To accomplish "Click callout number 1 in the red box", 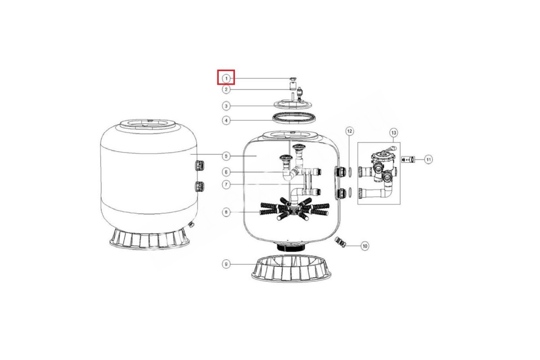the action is pos(226,78).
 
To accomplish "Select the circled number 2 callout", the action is pos(226,90).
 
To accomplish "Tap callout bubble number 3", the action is pos(226,106).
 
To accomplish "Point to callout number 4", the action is pos(226,120).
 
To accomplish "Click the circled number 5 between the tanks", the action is pos(226,156).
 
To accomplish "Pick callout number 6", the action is pos(226,172).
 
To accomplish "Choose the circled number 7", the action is pos(226,185).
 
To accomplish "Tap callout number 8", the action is pos(226,212).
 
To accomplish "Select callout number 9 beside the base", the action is pos(226,264).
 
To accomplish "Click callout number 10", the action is pos(365,246).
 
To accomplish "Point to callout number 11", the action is pos(428,159).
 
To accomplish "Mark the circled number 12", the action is pos(350,131).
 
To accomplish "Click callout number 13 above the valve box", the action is pos(393,133).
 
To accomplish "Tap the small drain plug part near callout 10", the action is pos(340,242).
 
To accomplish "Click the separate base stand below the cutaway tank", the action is pos(291,268).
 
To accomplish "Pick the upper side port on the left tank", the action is pos(199,165).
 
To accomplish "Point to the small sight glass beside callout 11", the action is pos(408,159).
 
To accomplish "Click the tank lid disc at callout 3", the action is pos(293,104).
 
